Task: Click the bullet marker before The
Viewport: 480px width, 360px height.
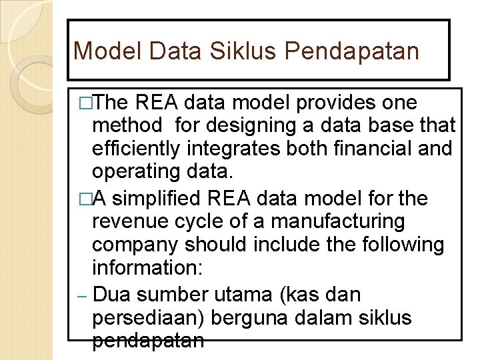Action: point(84,103)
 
